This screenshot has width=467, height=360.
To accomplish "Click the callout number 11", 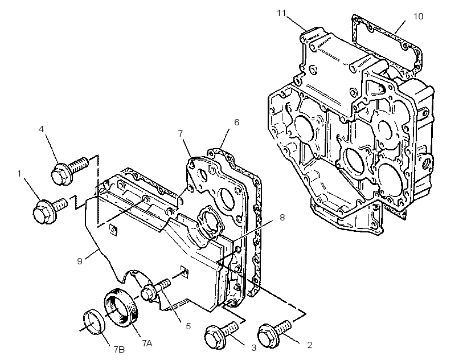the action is click(281, 13).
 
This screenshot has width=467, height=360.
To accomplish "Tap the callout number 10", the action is click(419, 16).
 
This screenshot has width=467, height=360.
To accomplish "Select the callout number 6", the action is click(236, 122).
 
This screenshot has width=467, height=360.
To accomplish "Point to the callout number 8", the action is click(282, 218).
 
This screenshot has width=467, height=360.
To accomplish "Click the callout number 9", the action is click(80, 261).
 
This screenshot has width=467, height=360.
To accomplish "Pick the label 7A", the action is click(147, 343).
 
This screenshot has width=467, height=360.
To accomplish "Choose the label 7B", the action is click(119, 349).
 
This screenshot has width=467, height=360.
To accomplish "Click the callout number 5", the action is click(188, 326).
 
